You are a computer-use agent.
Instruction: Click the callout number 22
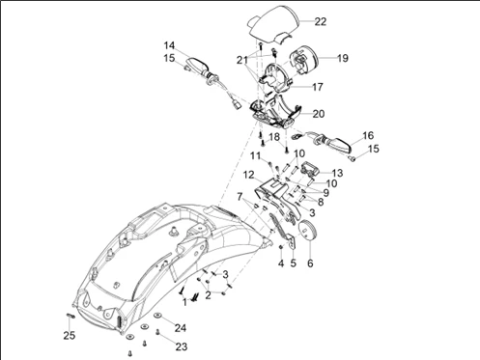321,21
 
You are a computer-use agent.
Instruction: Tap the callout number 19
343,58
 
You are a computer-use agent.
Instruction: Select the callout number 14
169,45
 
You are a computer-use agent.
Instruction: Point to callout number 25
70,336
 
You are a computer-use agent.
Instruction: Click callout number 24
181,328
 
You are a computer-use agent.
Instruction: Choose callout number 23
182,346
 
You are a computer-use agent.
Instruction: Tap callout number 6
310,263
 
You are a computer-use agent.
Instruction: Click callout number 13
337,173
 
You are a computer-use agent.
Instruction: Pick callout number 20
319,114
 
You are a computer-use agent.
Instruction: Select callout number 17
318,87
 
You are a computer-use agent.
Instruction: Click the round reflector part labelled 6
308,230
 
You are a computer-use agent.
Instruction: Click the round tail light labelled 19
304,60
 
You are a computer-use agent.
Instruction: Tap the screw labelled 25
71,316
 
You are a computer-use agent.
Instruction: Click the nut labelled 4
281,247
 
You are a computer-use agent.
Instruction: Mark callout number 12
249,175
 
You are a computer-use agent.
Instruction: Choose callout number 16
368,135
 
